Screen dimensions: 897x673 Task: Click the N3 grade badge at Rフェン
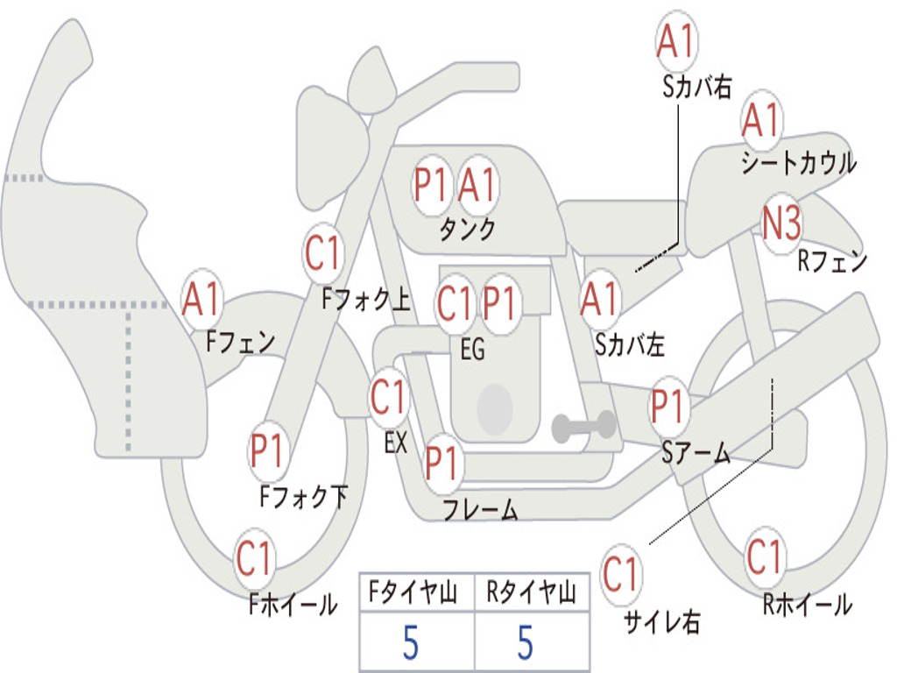[x=782, y=223]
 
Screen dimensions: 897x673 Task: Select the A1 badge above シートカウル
[x=761, y=119]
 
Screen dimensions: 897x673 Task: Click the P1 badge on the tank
[x=430, y=185]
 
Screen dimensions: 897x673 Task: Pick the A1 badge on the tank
[x=476, y=185]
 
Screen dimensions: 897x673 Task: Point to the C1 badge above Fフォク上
[x=322, y=252]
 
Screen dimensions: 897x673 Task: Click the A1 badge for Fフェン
[x=201, y=299]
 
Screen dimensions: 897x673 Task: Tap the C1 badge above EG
[x=455, y=302]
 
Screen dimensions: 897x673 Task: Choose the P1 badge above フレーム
[x=441, y=462]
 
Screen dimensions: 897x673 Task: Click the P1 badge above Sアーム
[x=667, y=406]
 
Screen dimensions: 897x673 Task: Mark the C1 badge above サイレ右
[x=621, y=573]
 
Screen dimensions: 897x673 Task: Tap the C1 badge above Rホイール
[x=765, y=556]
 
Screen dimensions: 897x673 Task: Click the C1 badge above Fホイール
[x=253, y=558]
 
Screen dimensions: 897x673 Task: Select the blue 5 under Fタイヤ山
[x=411, y=642]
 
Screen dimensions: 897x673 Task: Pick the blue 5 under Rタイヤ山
[x=526, y=642]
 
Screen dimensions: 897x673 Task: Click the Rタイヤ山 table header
[x=532, y=592]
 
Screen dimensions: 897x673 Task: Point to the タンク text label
[x=467, y=229]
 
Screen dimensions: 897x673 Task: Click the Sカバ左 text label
[x=629, y=344]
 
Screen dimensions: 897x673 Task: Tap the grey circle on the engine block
[x=495, y=408]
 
